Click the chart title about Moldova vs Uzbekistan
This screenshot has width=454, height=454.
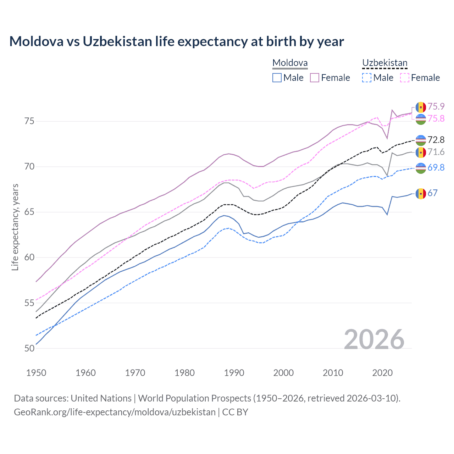coord(176,41)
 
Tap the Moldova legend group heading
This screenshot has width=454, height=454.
coord(290,63)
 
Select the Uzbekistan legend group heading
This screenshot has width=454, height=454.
coord(384,63)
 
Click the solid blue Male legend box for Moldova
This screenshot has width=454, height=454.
coord(277,78)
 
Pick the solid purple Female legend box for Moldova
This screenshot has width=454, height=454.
coord(315,78)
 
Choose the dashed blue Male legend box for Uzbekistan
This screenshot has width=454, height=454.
coord(367,78)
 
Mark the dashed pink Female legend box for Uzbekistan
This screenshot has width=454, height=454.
coord(404,78)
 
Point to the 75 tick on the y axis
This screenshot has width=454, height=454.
coord(29,121)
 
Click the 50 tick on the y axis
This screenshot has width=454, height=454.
coord(29,348)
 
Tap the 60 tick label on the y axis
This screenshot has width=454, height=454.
coord(29,258)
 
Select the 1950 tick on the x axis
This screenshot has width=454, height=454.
coord(36,373)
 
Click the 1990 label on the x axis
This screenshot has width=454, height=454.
coord(234,373)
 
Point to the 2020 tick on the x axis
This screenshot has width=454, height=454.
coord(382,373)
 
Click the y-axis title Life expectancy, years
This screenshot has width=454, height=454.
coord(15,227)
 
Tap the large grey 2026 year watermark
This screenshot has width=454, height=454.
coord(374,339)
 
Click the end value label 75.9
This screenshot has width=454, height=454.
coord(436,106)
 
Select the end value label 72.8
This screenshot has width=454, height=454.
coord(436,140)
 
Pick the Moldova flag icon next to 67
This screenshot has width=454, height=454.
coord(421,194)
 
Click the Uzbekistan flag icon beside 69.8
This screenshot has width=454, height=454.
coord(421,168)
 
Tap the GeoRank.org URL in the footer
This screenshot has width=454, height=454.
coord(115,412)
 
